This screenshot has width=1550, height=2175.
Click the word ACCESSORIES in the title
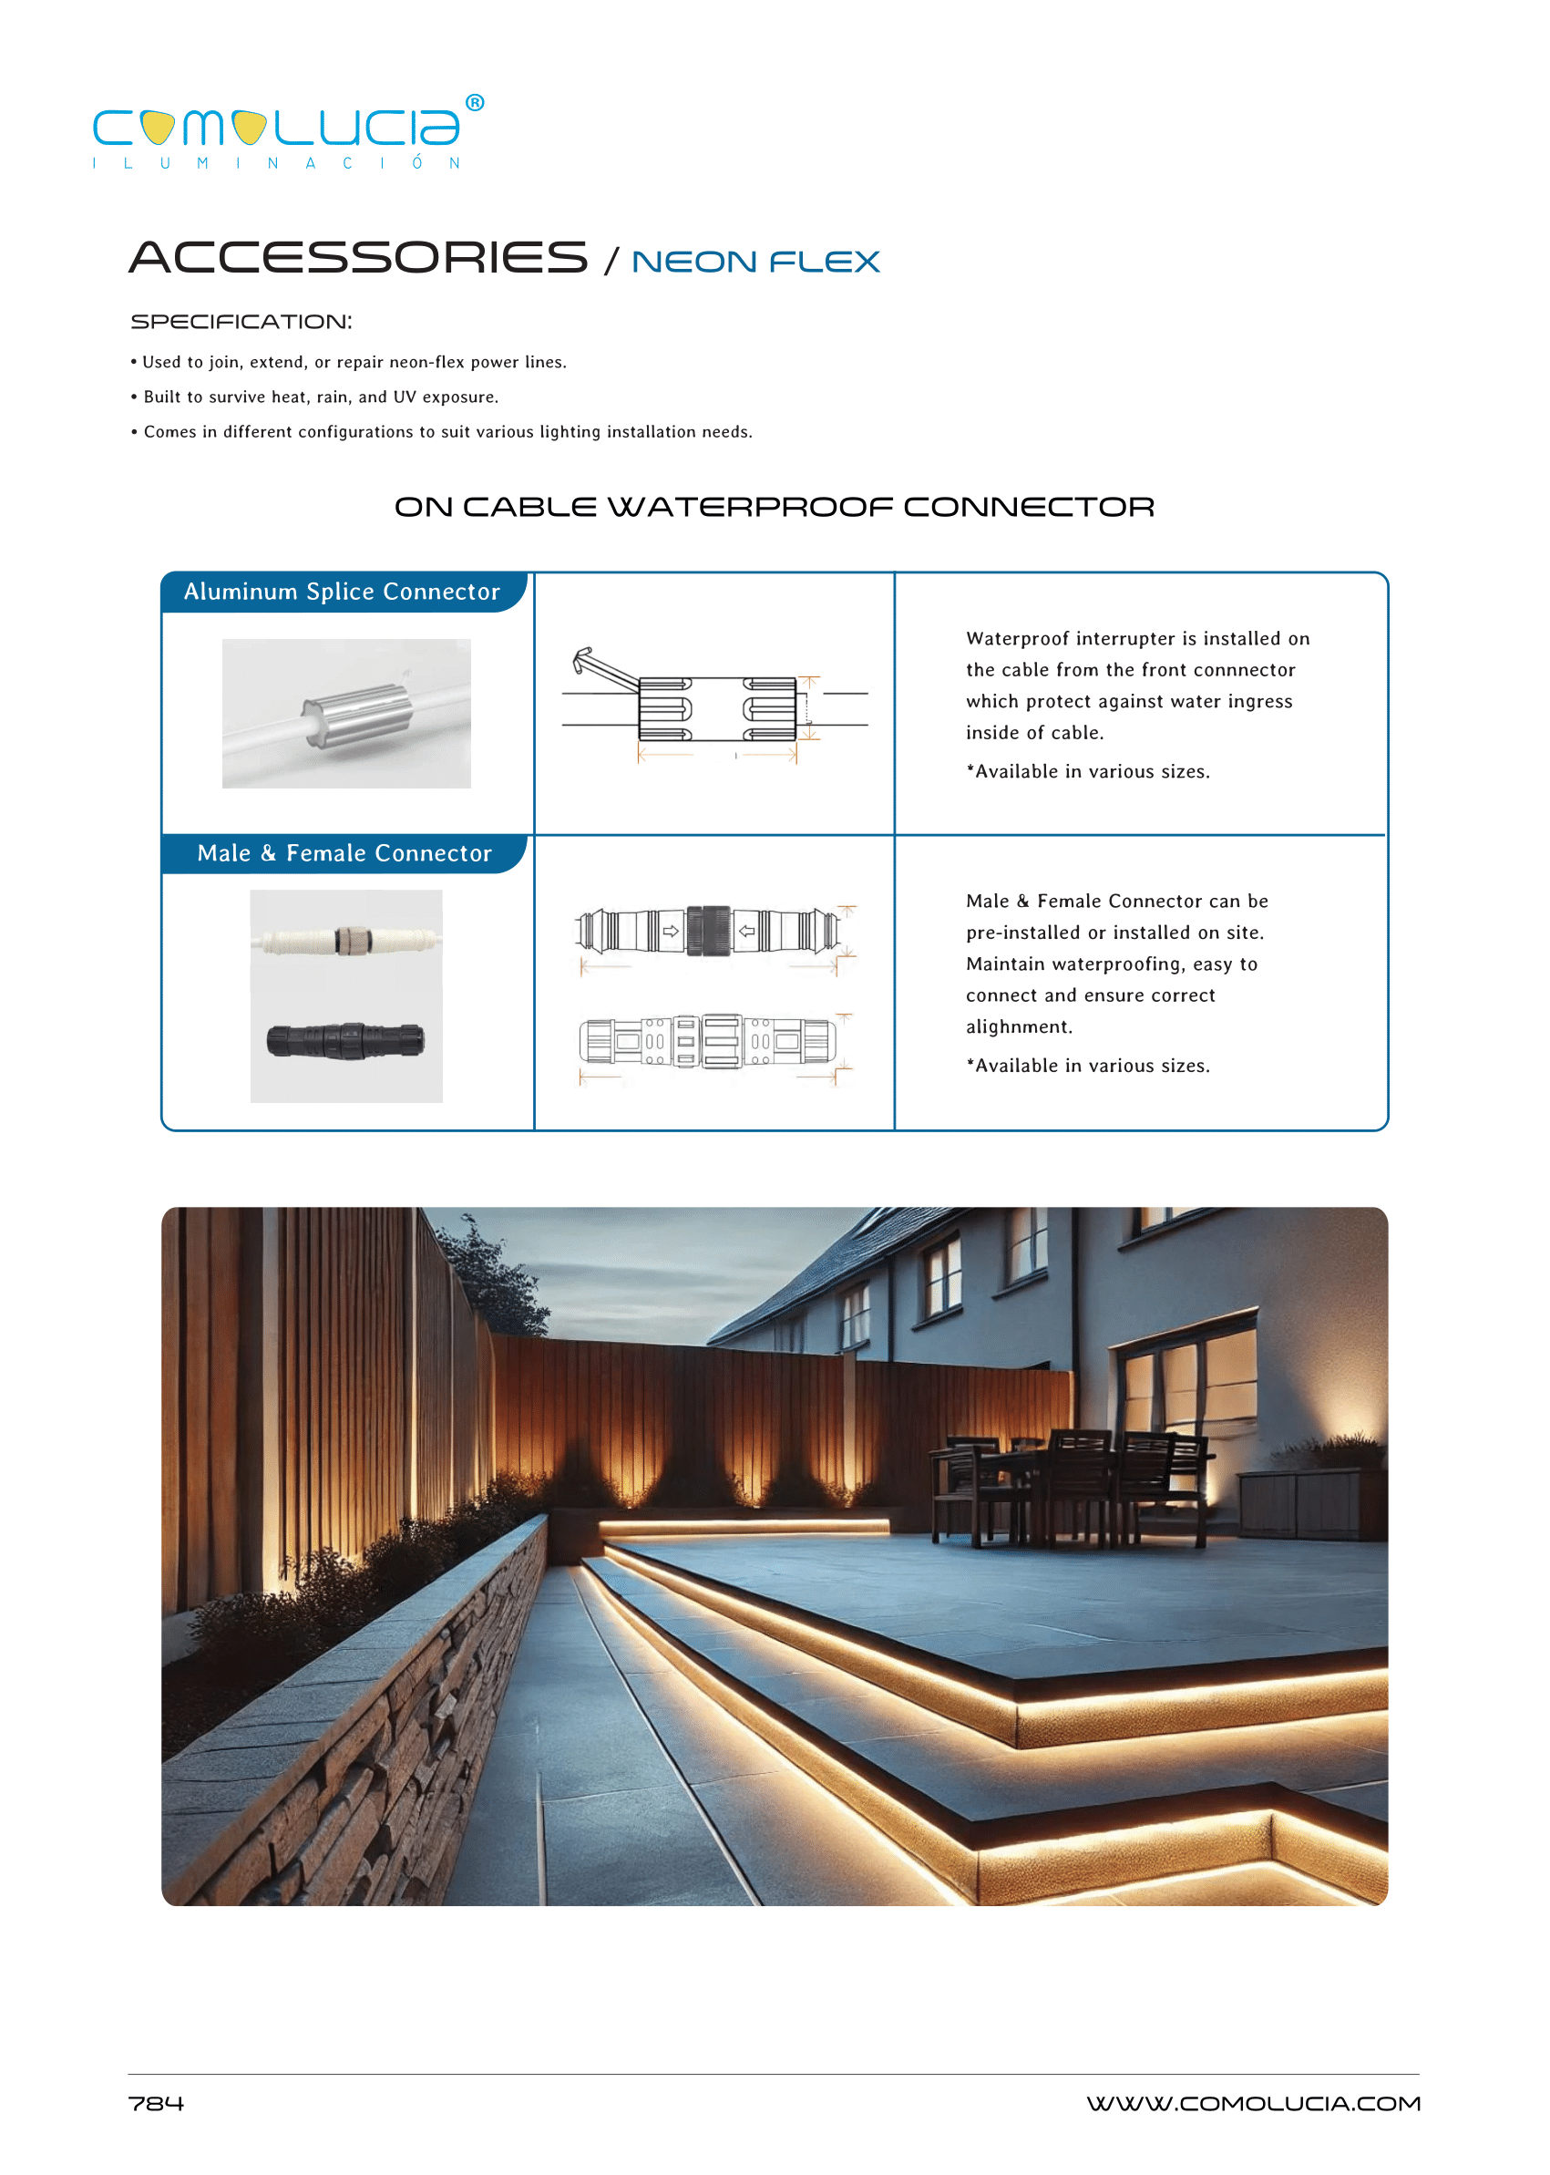(x=358, y=258)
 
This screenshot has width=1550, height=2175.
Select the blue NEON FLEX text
(x=755, y=262)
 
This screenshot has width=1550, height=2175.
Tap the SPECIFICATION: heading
(x=241, y=322)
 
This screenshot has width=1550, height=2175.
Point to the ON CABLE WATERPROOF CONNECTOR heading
(x=774, y=507)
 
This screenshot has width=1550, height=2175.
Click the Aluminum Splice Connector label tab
(x=342, y=592)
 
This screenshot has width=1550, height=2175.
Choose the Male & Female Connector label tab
(x=344, y=853)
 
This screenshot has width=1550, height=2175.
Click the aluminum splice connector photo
(x=345, y=713)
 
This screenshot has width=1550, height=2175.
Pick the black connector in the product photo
(x=345, y=1040)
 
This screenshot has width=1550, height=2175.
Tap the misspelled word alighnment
(x=1019, y=1027)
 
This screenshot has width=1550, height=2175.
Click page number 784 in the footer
(x=156, y=2103)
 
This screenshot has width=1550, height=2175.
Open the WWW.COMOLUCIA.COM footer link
(x=1252, y=2103)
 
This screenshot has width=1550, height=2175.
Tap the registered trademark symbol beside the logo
(x=475, y=102)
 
